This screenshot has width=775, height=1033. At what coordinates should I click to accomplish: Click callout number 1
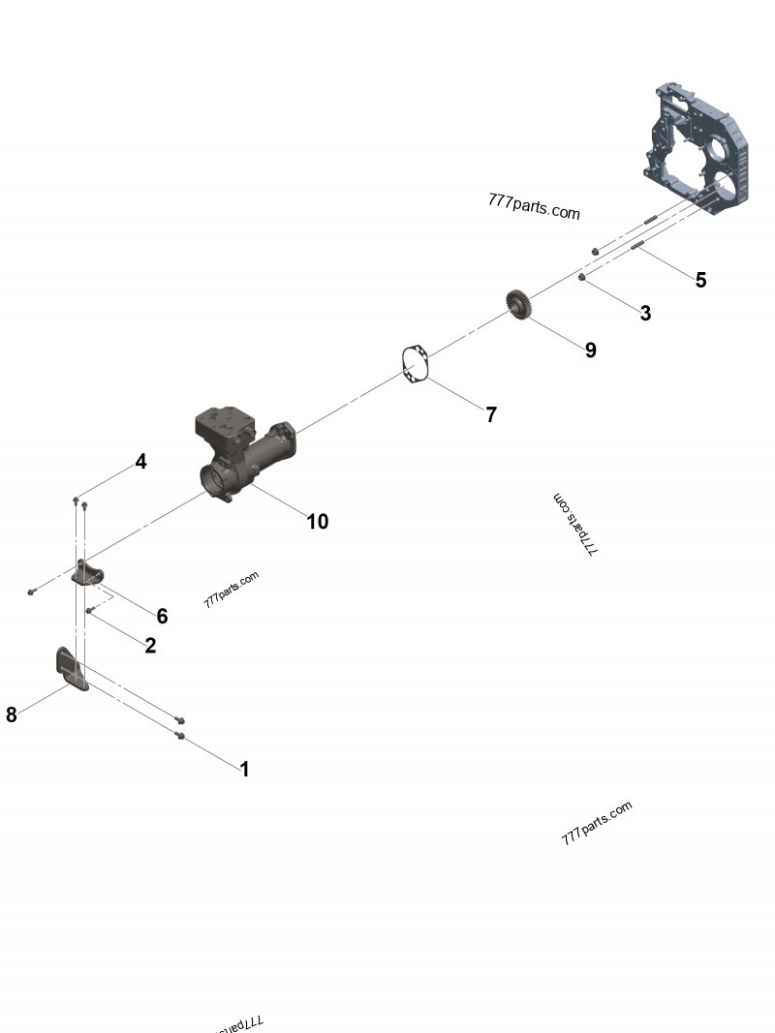click(x=245, y=770)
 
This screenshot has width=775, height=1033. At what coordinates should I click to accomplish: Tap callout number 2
click(x=150, y=646)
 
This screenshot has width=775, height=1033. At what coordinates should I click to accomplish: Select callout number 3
click(x=645, y=314)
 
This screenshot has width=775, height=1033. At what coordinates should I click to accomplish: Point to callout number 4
click(x=141, y=462)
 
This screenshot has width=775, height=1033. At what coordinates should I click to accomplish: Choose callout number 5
click(x=700, y=281)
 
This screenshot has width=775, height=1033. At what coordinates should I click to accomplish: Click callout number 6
click(x=162, y=617)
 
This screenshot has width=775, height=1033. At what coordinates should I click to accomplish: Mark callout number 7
click(x=491, y=415)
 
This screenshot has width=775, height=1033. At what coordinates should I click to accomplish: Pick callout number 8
click(x=12, y=715)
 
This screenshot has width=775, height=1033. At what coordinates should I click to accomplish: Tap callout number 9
click(x=590, y=350)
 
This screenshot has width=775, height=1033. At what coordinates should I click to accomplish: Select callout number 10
click(x=317, y=522)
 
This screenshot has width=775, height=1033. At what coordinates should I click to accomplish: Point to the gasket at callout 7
click(x=415, y=366)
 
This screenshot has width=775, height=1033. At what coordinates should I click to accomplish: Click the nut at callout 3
click(x=581, y=279)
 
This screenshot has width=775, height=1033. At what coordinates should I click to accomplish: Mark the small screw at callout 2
click(x=89, y=611)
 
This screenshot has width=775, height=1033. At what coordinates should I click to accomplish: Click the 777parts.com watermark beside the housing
click(x=534, y=206)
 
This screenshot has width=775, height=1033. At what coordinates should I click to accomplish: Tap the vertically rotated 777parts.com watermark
click(x=575, y=524)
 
